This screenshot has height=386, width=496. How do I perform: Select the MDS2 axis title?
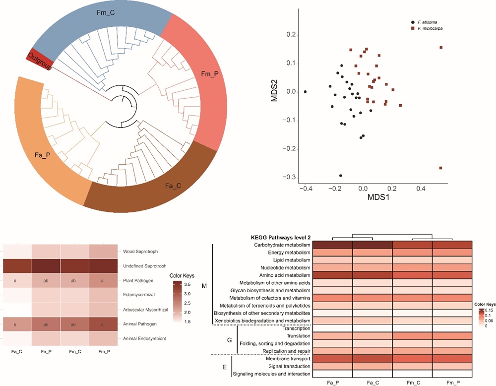pos(274,92)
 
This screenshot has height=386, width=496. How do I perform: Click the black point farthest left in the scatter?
pos(305,92)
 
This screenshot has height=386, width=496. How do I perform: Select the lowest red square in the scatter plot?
pos(440,168)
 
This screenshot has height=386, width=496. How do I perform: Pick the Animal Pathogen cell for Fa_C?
pos(18,324)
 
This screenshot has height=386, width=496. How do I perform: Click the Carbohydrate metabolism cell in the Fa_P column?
pos(332,245)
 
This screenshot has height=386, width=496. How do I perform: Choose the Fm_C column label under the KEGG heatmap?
pos(412,382)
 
